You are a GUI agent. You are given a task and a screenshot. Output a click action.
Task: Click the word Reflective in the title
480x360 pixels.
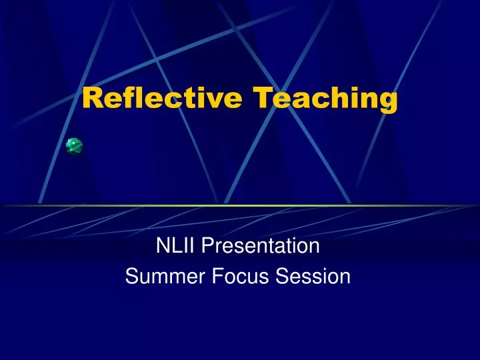click(x=162, y=97)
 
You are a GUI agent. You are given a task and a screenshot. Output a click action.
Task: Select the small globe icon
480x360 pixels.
click(x=74, y=146)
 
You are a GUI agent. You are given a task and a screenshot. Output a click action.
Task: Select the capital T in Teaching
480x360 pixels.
click(x=262, y=97)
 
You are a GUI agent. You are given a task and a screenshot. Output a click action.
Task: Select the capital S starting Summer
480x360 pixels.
click(x=131, y=275)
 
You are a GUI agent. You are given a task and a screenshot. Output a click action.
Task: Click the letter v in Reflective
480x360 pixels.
click(x=210, y=99)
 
